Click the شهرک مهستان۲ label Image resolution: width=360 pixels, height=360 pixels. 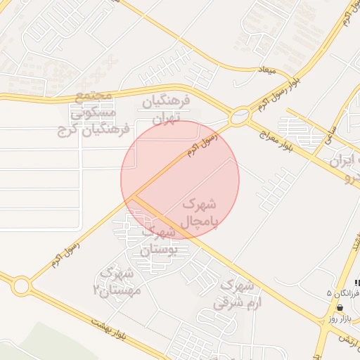117,281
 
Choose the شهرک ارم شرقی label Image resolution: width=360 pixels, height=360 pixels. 236,295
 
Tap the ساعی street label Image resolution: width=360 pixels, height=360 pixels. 330,129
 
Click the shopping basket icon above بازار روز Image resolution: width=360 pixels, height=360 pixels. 340,307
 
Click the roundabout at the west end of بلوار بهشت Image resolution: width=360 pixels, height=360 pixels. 20,285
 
